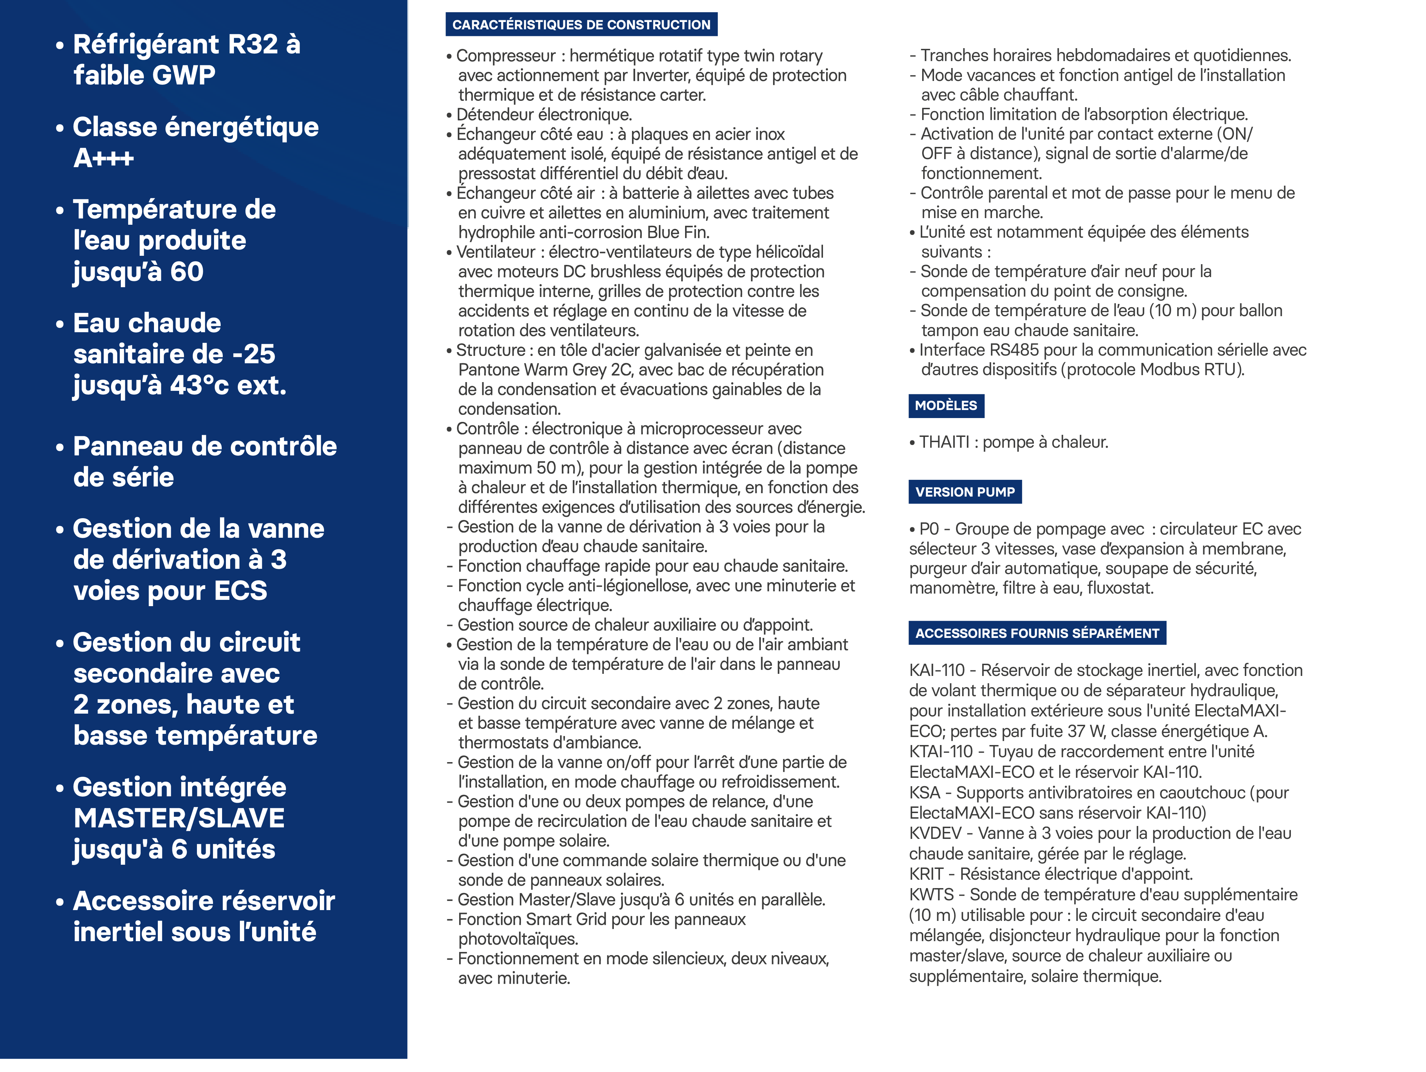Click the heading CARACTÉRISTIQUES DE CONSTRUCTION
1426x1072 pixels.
click(x=581, y=24)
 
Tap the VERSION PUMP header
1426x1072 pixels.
click(x=964, y=492)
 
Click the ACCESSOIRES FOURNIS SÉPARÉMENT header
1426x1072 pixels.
click(x=1037, y=633)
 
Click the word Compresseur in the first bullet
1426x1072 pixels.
click(x=505, y=56)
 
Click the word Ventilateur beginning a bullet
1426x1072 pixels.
click(x=495, y=252)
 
